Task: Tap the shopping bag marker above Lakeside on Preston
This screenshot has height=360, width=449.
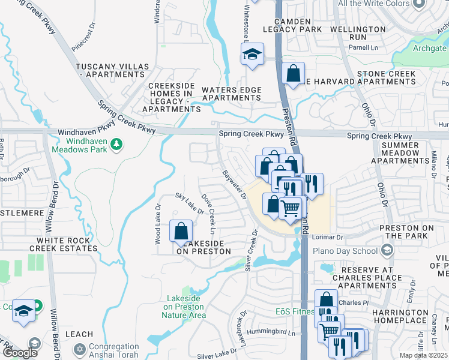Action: click(x=181, y=232)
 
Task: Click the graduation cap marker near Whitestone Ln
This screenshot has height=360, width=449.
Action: click(x=253, y=55)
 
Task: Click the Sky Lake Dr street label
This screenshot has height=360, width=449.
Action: click(x=189, y=204)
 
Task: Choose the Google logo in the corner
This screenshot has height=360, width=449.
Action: click(x=20, y=353)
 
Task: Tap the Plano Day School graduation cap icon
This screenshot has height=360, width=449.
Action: click(x=387, y=250)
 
